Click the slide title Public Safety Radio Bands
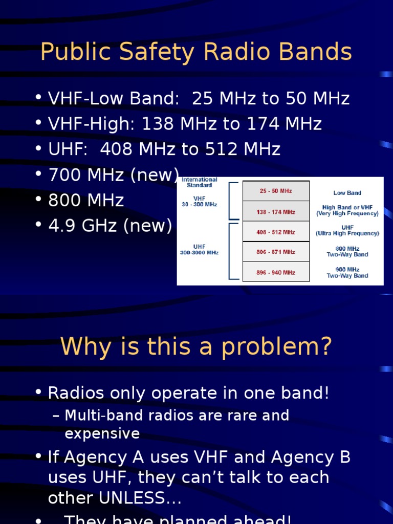(x=196, y=52)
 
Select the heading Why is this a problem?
(x=196, y=347)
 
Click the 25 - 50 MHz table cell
(x=276, y=191)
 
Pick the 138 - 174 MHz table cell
(x=276, y=211)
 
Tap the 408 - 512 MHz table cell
(x=276, y=232)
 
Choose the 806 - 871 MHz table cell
(x=276, y=252)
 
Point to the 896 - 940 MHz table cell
(x=276, y=272)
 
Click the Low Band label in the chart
(x=347, y=193)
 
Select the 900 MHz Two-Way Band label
(x=347, y=272)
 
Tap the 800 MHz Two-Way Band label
(x=347, y=251)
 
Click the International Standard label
(x=200, y=182)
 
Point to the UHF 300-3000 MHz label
(x=199, y=249)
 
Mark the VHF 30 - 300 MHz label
(x=199, y=201)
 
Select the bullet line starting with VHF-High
(x=185, y=124)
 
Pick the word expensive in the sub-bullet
(x=102, y=434)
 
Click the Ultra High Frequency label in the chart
(x=347, y=233)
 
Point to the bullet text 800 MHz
(x=86, y=200)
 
